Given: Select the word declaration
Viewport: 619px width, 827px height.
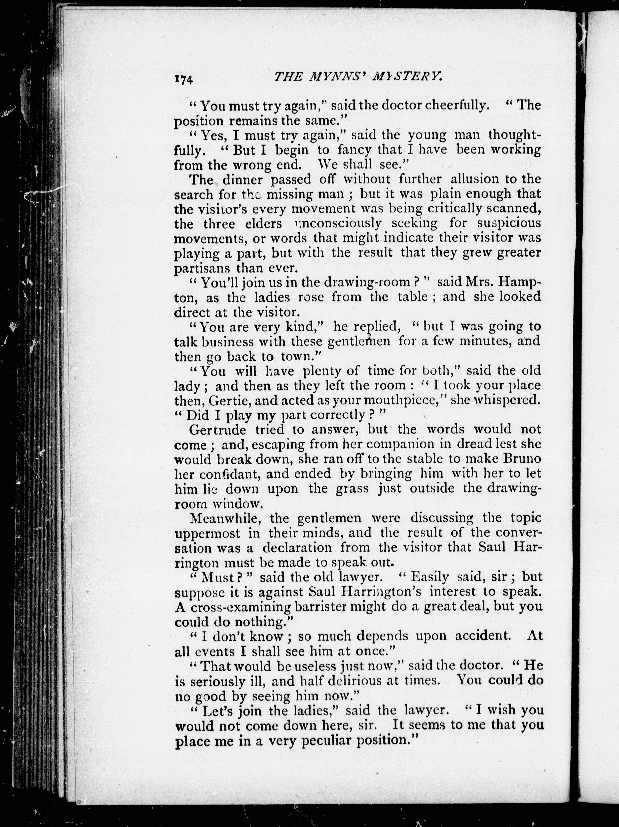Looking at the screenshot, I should pyautogui.click(x=297, y=548).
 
